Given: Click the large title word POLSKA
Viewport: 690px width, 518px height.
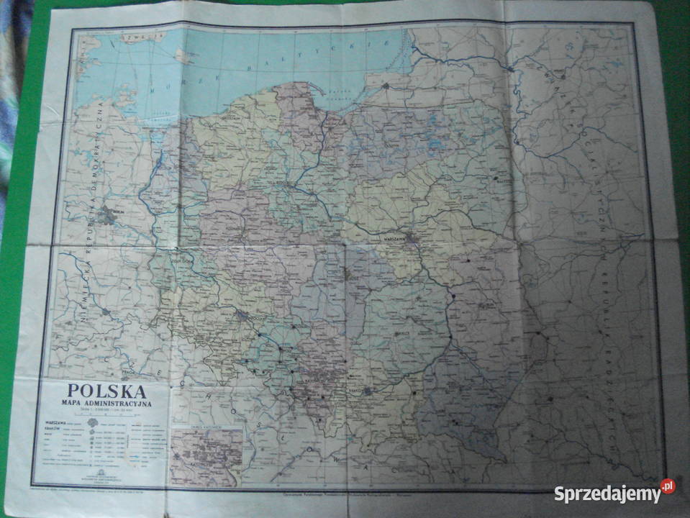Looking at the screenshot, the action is tap(107, 391).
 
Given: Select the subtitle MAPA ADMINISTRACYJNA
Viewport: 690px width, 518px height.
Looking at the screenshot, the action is tap(107, 404).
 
